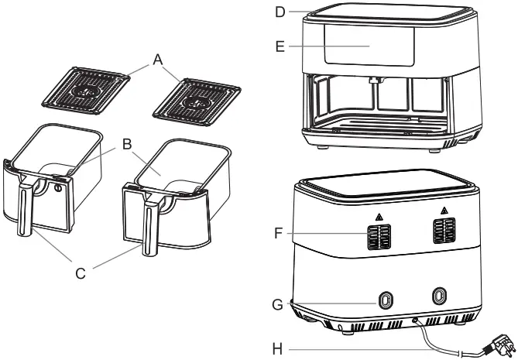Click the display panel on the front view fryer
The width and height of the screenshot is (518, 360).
tap(369, 47)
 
